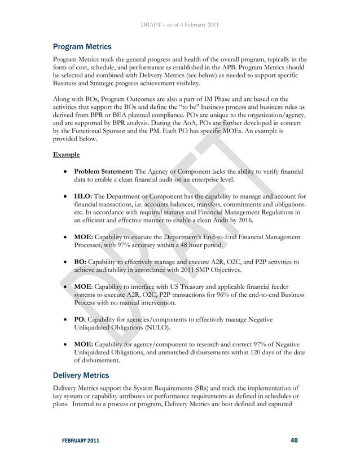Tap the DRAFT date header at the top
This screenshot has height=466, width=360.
tap(180, 24)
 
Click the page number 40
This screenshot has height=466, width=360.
tap(294, 440)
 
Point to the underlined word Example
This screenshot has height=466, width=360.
tap(65, 154)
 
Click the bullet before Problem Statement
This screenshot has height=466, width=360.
tap(66, 172)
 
